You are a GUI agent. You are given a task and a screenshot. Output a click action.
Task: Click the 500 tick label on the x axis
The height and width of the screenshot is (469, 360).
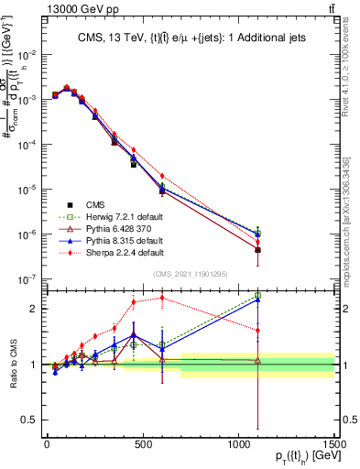pos(143,444)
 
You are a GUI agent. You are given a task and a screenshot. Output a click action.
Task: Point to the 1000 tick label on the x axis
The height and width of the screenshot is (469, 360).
pos(238,444)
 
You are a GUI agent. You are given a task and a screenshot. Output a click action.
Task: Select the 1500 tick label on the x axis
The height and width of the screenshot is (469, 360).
pos(333,444)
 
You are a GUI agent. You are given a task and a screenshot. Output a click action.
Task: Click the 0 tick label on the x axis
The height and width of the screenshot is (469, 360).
pos(47,444)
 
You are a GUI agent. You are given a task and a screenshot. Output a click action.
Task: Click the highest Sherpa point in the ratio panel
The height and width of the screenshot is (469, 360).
pos(162,297)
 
